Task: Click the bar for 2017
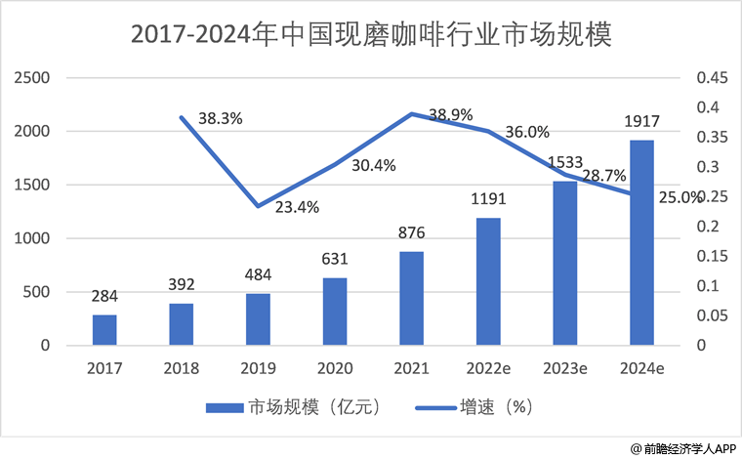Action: (x=104, y=329)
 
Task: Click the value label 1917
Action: (x=641, y=122)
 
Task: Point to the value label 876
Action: (x=412, y=233)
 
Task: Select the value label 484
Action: (x=258, y=275)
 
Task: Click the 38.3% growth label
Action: (x=220, y=118)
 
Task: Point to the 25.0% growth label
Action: (x=680, y=197)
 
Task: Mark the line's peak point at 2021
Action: (x=412, y=113)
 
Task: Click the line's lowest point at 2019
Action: (x=258, y=206)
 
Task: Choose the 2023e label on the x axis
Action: (x=565, y=369)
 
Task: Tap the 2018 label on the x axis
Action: (x=182, y=369)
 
